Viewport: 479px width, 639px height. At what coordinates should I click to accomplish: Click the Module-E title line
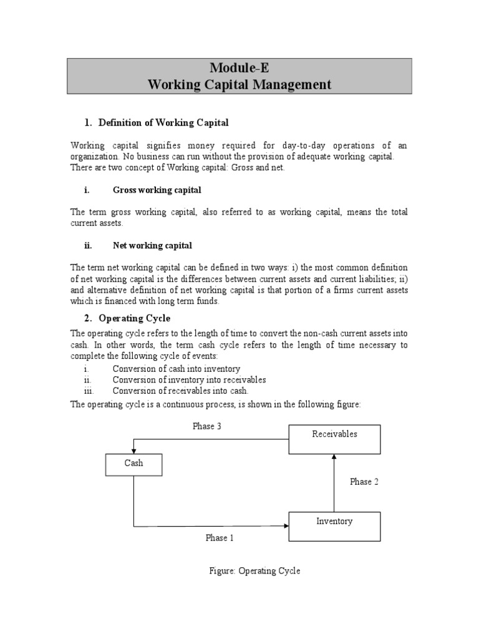[239, 68]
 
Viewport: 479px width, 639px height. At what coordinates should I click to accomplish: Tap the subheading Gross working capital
[157, 190]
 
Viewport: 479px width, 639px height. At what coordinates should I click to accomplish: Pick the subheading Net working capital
[152, 245]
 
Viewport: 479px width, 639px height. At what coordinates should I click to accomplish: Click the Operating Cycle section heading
[134, 318]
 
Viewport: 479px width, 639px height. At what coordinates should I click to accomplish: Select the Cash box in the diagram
[133, 464]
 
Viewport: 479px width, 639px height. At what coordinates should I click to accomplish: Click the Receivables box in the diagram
[334, 439]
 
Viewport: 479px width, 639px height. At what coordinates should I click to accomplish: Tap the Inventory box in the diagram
[334, 525]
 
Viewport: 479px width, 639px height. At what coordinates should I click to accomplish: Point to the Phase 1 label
[220, 537]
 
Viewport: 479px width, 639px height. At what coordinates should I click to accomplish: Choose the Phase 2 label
[364, 482]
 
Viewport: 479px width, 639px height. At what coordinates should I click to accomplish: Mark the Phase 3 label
[208, 427]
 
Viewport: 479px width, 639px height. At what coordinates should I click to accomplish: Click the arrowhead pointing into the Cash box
[133, 450]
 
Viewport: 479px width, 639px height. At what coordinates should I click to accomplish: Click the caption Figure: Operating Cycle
[254, 571]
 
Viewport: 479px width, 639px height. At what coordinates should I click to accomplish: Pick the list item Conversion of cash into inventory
[176, 369]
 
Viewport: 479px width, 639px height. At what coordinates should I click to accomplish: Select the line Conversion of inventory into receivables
[189, 379]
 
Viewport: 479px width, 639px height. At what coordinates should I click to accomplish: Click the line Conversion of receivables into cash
[180, 391]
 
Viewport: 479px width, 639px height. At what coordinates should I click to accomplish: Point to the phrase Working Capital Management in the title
[239, 84]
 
